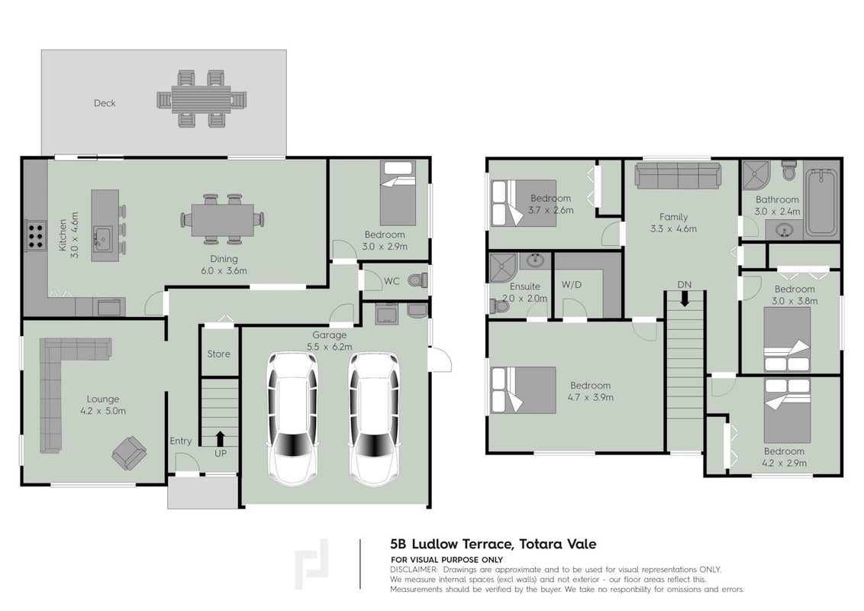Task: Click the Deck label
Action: [105, 103]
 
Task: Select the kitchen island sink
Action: [102, 238]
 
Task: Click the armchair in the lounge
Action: [130, 453]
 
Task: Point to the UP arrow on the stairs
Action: [221, 438]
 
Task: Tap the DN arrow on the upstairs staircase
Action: [685, 299]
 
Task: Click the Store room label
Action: [219, 354]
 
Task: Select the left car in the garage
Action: [292, 419]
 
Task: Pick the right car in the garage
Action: [374, 419]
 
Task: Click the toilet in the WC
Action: [417, 281]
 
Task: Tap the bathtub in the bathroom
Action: [821, 202]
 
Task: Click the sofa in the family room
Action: [678, 176]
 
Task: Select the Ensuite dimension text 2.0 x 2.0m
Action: [524, 299]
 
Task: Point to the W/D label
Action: [572, 285]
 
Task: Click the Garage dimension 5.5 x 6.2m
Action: [330, 347]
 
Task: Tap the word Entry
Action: [181, 441]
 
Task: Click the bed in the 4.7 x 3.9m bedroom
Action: [524, 390]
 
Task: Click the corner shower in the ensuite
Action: [503, 268]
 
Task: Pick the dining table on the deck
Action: [201, 99]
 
